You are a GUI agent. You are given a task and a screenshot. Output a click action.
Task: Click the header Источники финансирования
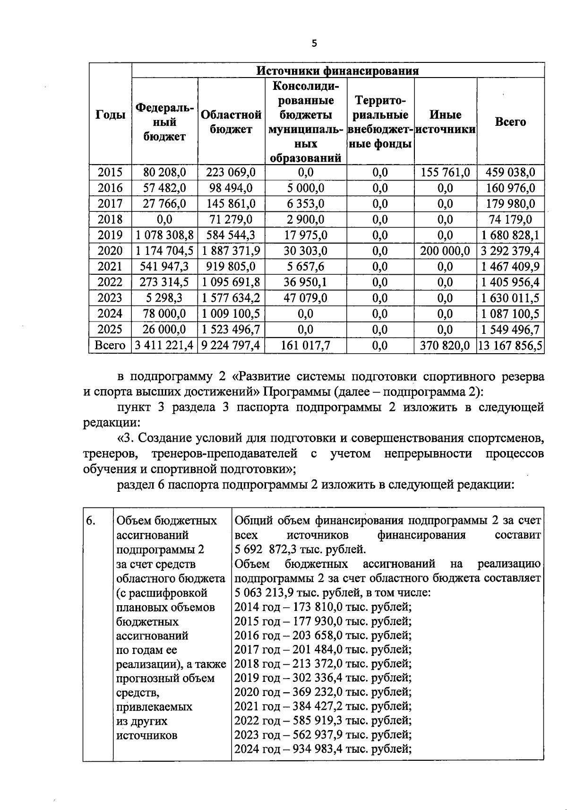[337, 71]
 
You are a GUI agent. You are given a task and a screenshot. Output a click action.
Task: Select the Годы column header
[111, 115]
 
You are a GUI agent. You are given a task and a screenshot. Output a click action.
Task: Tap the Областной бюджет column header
[231, 122]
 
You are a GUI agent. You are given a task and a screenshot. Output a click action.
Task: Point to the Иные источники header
[446, 122]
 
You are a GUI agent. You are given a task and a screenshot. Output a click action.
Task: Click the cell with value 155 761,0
[446, 173]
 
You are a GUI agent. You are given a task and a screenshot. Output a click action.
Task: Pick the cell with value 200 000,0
[446, 251]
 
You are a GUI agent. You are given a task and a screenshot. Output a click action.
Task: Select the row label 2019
[110, 235]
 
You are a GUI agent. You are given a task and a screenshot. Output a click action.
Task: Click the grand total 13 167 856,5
[510, 346]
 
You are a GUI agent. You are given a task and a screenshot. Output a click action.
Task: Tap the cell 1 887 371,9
[231, 251]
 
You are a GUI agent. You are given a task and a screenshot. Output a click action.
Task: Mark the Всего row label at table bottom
[110, 346]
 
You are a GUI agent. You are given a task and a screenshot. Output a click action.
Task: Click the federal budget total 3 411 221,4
[164, 346]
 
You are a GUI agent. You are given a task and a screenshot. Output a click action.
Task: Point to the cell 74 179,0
[510, 220]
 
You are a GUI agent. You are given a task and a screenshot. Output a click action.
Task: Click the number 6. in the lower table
[91, 521]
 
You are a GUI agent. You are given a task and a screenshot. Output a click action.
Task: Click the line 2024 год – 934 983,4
[323, 749]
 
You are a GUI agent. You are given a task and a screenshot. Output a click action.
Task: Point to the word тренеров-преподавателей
[224, 454]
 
